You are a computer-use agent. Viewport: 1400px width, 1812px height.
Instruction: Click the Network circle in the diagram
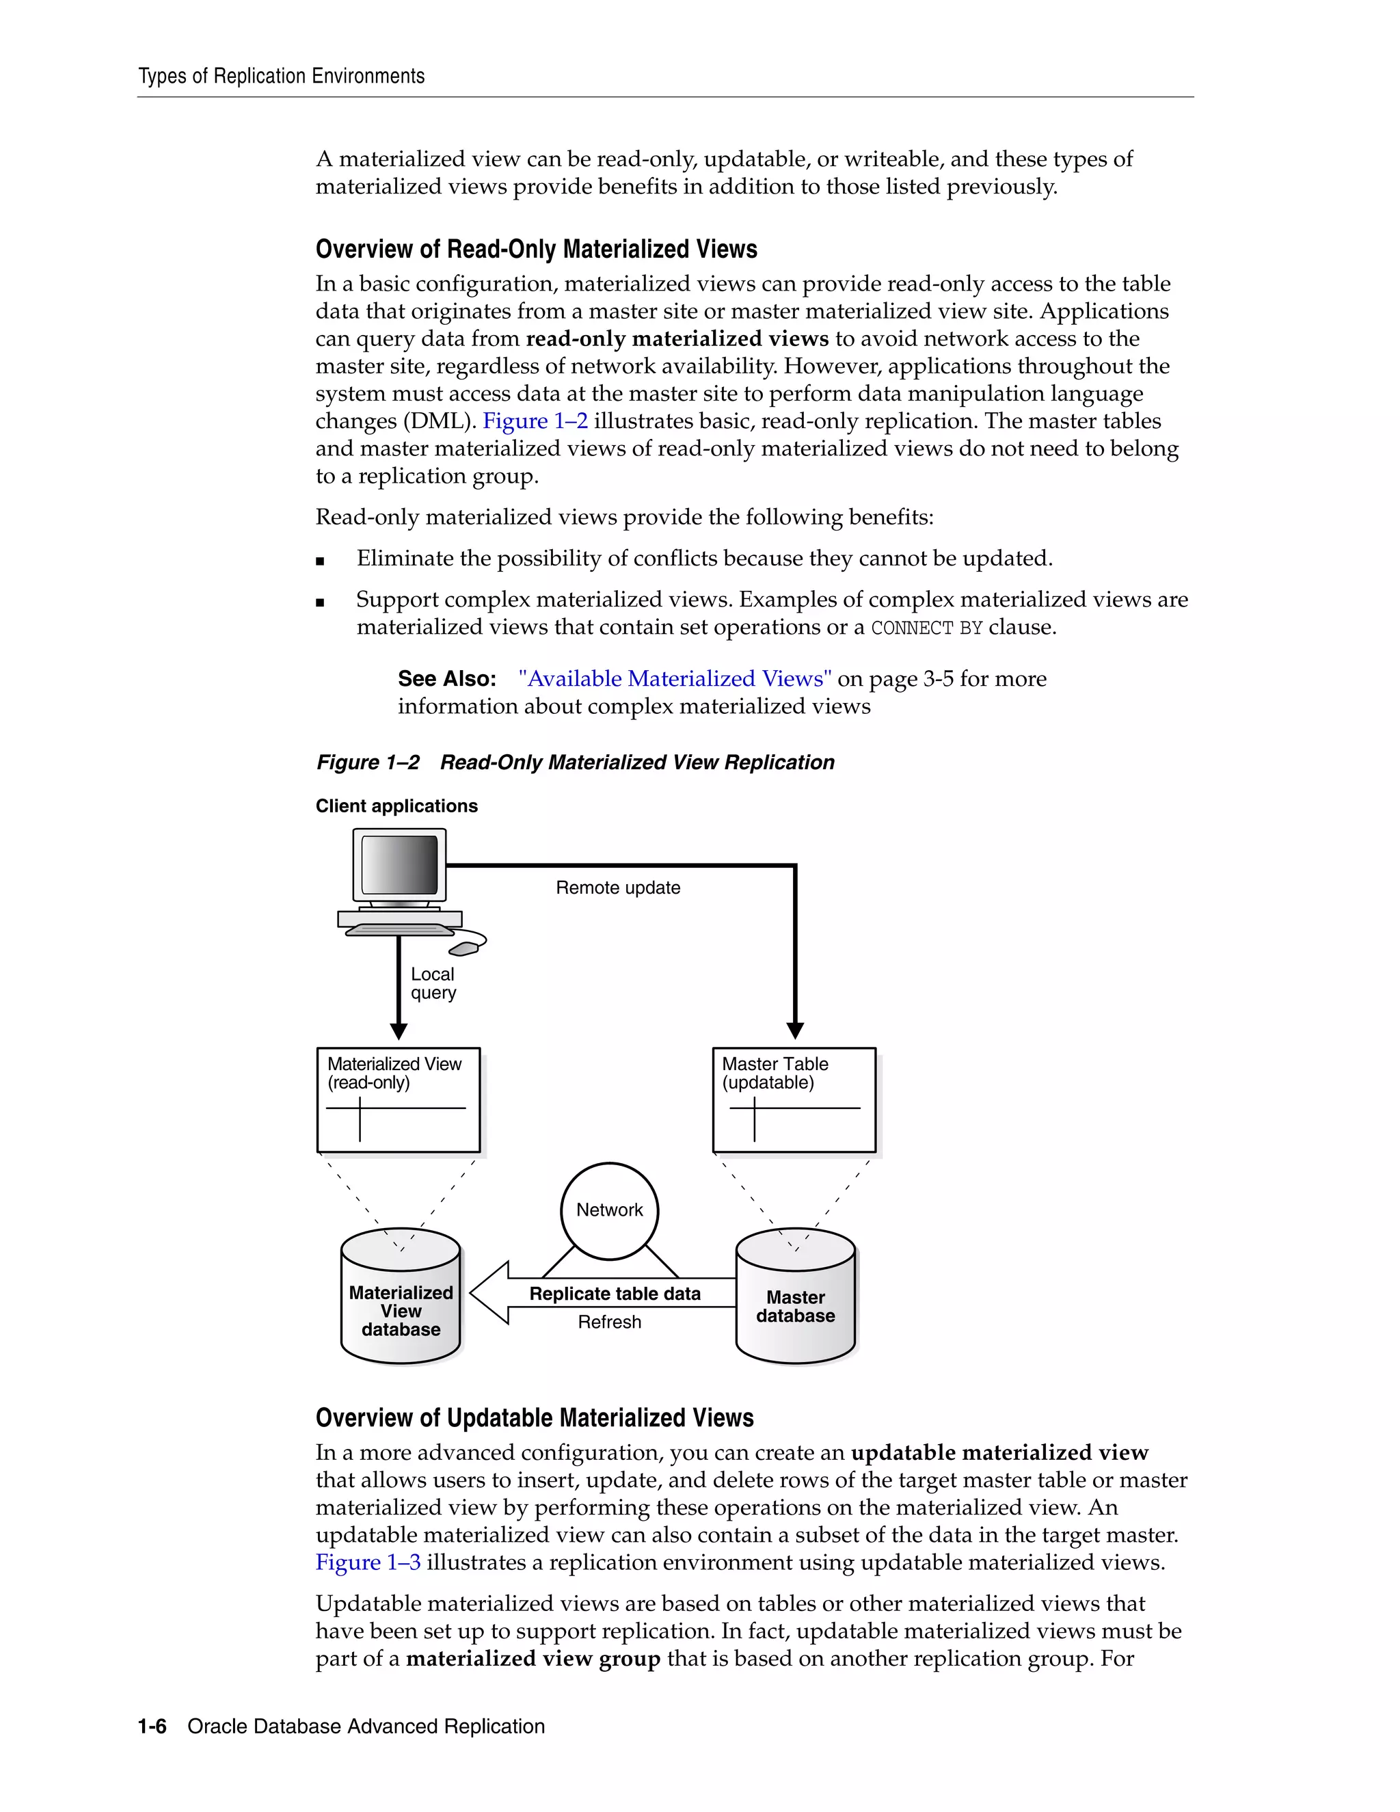click(610, 1210)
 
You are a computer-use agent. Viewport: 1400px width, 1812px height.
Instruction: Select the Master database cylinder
click(796, 1306)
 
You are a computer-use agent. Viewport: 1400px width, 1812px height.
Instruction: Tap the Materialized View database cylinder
click(401, 1310)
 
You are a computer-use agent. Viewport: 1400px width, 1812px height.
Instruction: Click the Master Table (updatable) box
click(794, 1100)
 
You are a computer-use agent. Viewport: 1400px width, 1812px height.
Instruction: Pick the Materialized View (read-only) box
click(398, 1100)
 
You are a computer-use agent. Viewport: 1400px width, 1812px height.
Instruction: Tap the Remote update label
click(618, 888)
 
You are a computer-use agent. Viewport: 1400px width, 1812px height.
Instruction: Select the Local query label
click(433, 983)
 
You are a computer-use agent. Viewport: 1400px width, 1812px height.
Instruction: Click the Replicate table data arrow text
click(615, 1294)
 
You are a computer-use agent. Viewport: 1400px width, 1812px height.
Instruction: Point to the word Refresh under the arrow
click(610, 1322)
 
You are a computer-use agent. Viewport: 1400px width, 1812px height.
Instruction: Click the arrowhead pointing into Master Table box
click(794, 1030)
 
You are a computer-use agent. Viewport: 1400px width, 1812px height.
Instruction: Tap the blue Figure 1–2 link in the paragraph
click(535, 421)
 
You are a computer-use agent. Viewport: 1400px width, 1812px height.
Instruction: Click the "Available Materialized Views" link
click(674, 679)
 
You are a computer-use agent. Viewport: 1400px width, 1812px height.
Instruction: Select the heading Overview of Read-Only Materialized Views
click(537, 249)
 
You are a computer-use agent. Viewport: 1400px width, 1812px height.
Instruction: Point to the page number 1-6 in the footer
click(152, 1727)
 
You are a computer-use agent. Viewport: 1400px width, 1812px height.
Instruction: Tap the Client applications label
click(396, 806)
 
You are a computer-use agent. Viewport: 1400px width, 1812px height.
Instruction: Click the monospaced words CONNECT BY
click(926, 628)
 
